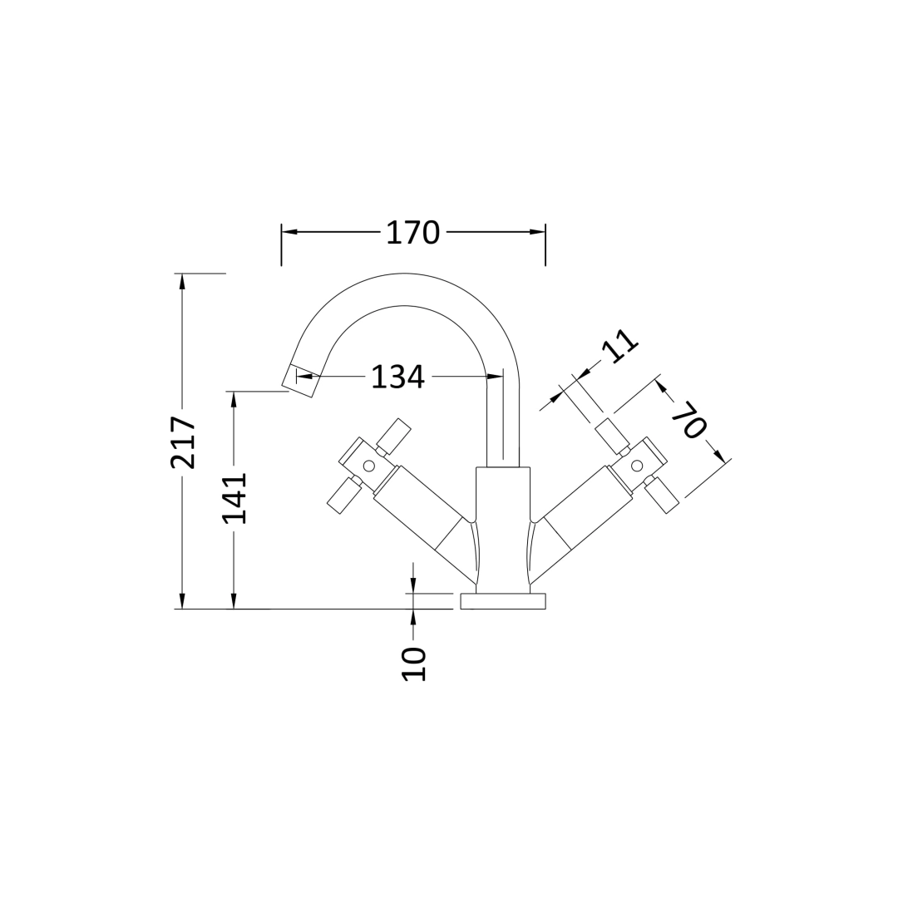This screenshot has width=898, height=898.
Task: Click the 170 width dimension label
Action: (x=412, y=233)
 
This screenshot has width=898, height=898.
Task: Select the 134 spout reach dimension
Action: (x=398, y=377)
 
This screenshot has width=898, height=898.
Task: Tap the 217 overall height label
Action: (x=183, y=442)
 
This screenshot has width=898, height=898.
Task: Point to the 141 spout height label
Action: (x=234, y=498)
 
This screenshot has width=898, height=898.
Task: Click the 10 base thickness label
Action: (x=414, y=664)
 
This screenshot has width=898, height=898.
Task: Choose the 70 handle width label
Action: (x=689, y=420)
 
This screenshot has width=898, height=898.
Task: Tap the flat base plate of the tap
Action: (x=503, y=601)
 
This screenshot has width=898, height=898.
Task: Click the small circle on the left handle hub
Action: (x=369, y=465)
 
